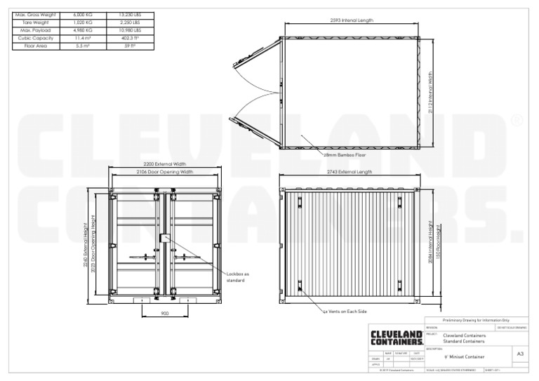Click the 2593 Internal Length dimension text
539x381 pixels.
click(x=351, y=21)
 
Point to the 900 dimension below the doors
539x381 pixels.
click(x=164, y=314)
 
